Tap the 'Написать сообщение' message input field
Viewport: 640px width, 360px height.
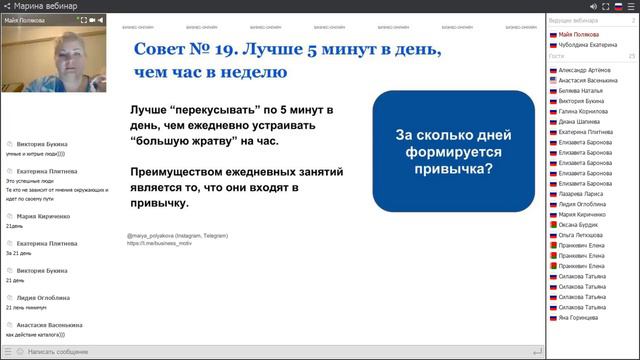(x=60, y=351)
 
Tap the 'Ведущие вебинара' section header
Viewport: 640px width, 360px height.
(x=575, y=21)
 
